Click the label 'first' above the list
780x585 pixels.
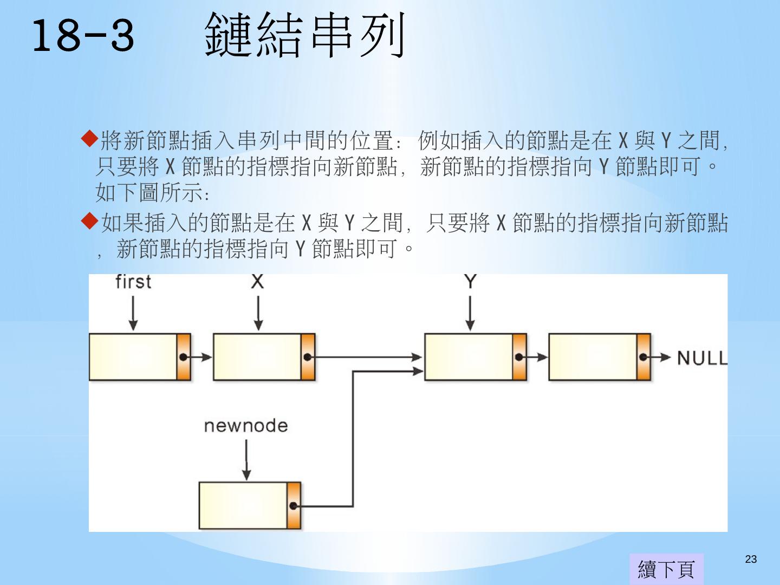133,282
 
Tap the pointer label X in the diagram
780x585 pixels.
257,281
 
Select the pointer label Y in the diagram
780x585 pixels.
470,281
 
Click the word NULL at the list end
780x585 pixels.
702,358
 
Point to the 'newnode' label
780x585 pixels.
245,426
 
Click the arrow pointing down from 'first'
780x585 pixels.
133,314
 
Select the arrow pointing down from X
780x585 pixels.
258,314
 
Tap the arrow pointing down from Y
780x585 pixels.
470,314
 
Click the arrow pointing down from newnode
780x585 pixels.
246,459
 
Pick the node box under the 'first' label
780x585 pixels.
133,357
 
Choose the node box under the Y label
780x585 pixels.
469,357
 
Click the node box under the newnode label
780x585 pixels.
243,505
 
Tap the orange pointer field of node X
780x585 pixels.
308,357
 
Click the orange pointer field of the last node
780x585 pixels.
643,357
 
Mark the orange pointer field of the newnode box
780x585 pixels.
294,505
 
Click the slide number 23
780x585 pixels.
751,560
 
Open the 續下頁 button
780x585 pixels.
666,569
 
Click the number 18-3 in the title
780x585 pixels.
83,36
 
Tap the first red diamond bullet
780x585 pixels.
89,139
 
